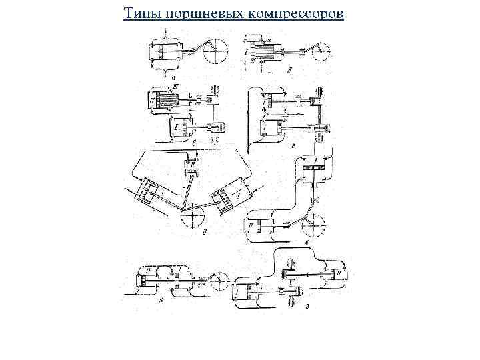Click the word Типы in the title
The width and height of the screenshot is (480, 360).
138,13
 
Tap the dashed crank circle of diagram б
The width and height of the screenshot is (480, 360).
323,52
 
